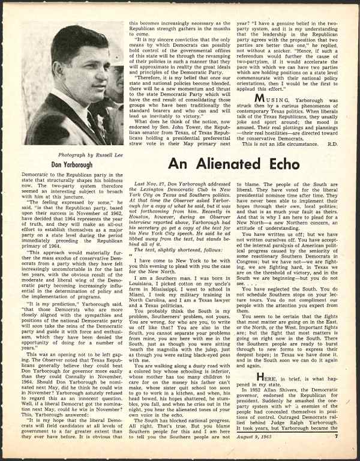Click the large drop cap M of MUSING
259,98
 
